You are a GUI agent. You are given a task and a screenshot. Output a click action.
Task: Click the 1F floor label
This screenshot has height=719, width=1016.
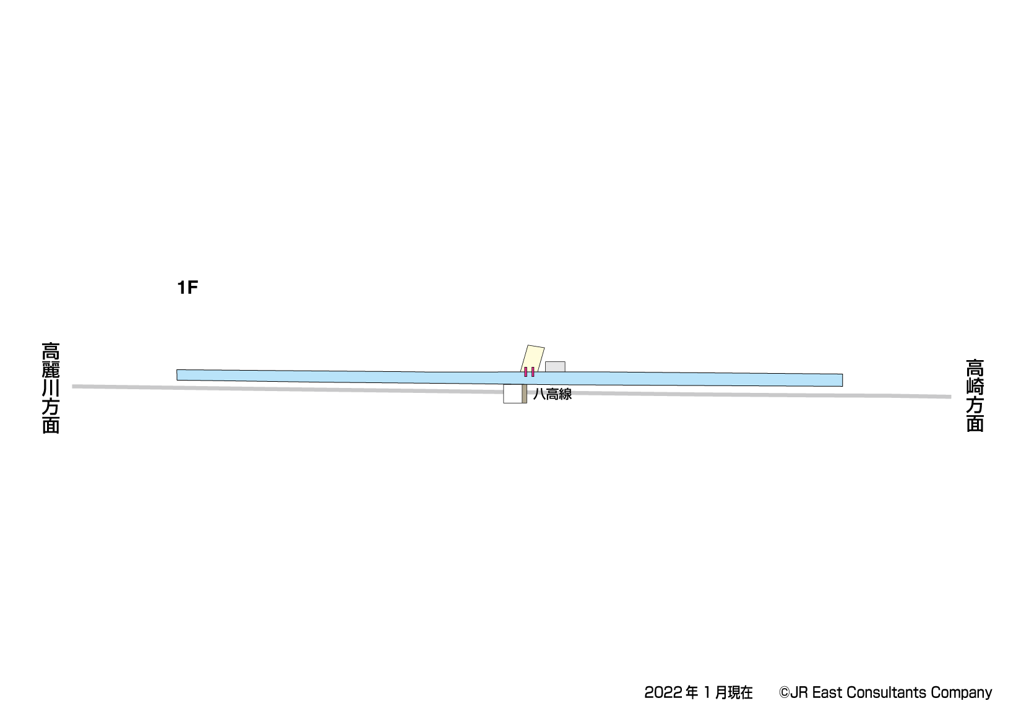(x=187, y=288)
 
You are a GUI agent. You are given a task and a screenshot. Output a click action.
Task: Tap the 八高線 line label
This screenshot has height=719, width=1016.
(x=552, y=394)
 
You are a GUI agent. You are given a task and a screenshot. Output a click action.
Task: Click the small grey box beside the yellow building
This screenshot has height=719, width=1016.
(x=555, y=366)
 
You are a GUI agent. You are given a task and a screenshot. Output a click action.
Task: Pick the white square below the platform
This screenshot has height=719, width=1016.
(x=512, y=394)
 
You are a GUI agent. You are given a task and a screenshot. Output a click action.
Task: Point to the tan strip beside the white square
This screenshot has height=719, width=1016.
(x=524, y=394)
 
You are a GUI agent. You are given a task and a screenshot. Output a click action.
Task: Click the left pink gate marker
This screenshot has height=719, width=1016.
(x=526, y=372)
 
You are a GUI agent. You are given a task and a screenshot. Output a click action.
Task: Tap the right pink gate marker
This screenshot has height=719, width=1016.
(x=533, y=372)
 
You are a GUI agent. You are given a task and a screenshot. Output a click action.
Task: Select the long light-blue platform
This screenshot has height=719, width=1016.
(x=509, y=378)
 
